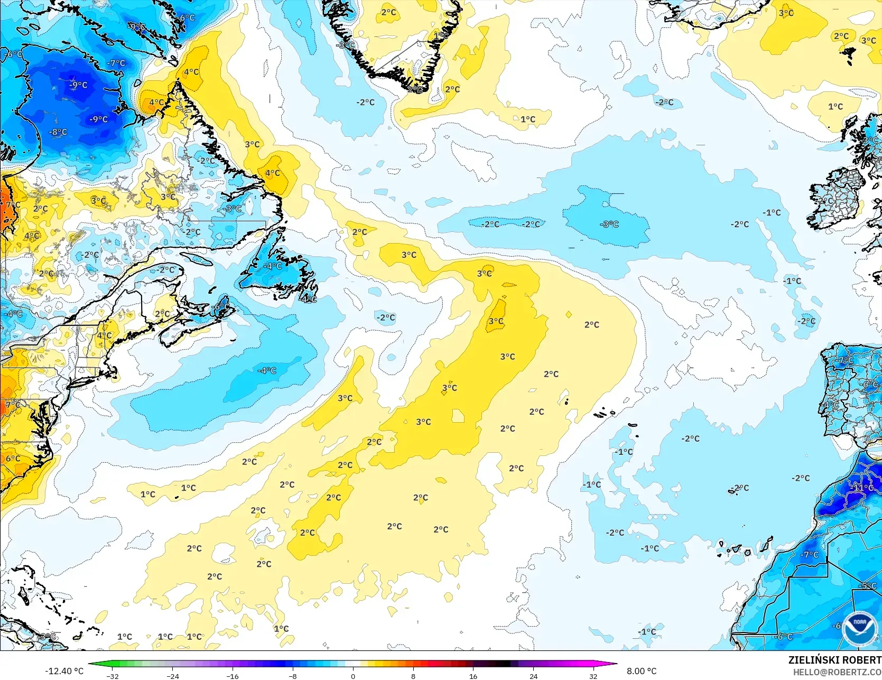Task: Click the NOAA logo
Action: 859,629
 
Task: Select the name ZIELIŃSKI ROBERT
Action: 834,660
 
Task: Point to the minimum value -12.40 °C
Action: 64,671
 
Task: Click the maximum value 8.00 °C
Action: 642,671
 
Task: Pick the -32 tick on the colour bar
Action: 113,676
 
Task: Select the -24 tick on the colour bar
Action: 173,676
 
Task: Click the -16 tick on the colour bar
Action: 233,676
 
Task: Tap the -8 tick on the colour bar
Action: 293,676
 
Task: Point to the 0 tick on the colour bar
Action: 353,676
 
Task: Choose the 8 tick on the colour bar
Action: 413,676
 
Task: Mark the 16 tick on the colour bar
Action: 473,676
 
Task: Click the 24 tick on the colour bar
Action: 533,676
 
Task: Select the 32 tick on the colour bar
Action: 593,676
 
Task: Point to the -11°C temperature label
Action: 864,487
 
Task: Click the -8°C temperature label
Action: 58,132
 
